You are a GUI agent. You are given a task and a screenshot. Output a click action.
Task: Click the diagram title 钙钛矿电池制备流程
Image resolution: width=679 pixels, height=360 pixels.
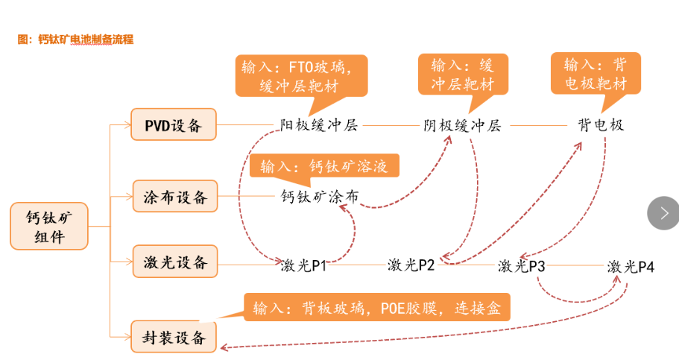tap(75, 40)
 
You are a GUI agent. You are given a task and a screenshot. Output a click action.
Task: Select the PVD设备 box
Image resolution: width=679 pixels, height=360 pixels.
tap(173, 124)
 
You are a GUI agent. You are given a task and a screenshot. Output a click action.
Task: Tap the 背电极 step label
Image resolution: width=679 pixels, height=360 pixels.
tap(600, 125)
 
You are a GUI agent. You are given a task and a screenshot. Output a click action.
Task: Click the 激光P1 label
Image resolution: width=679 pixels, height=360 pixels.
tap(304, 265)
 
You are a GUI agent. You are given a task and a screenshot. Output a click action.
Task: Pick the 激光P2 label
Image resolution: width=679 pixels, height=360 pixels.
tap(411, 265)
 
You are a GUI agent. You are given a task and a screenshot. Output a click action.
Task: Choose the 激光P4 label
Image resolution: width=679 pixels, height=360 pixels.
tap(631, 266)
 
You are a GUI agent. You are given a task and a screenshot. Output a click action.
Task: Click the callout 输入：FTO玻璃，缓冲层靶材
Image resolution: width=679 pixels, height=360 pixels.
tap(301, 75)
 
